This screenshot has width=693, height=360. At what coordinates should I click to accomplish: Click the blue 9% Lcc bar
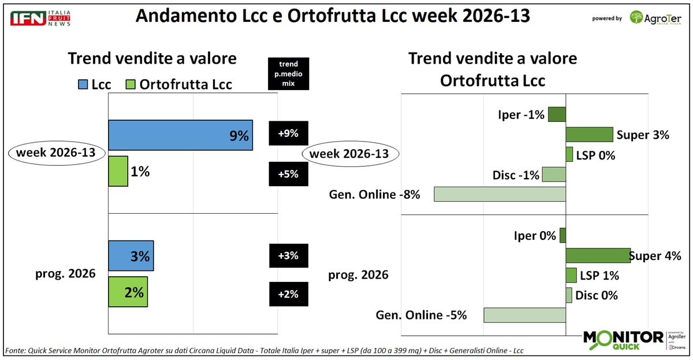(x=180, y=135)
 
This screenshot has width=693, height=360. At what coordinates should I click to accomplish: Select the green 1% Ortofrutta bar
(x=118, y=171)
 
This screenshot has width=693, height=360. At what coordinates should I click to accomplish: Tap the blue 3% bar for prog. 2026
(x=131, y=255)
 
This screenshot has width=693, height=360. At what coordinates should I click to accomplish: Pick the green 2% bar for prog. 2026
(x=128, y=291)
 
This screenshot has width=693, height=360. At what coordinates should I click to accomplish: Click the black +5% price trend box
(x=288, y=174)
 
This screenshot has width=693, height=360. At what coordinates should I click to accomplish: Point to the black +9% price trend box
(x=288, y=133)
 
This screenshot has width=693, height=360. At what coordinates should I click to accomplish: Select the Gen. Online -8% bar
(x=500, y=194)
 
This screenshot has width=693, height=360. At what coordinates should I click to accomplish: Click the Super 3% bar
(x=588, y=135)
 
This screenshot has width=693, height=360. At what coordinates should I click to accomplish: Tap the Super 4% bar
(x=597, y=256)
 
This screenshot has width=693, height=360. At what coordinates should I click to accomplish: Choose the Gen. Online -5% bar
(x=524, y=315)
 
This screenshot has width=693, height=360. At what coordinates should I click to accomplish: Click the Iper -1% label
(x=521, y=114)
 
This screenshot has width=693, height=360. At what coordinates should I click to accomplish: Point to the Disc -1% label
(x=516, y=175)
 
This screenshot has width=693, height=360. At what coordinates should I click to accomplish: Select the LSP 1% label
(x=599, y=275)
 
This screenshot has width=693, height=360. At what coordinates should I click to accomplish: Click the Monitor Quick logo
(x=623, y=340)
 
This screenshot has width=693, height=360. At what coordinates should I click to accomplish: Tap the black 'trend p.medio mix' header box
(x=288, y=74)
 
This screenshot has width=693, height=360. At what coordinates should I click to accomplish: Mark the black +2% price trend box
(x=288, y=294)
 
